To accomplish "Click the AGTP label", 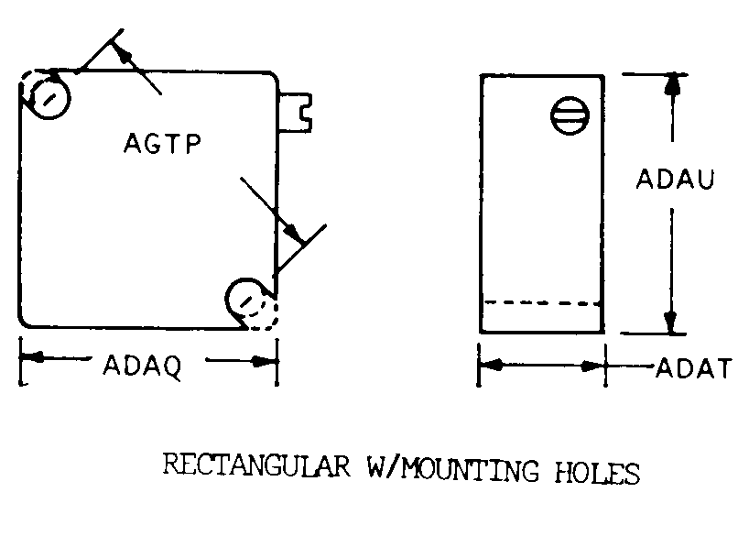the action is (x=162, y=143).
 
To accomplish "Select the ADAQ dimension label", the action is (x=143, y=366).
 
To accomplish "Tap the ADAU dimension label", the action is (x=675, y=179).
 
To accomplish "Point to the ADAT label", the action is (x=694, y=367).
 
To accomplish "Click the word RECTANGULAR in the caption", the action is (x=256, y=465).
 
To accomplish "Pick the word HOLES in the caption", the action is (x=597, y=472).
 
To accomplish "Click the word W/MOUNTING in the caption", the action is (x=452, y=468).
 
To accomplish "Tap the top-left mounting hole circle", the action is (x=49, y=98).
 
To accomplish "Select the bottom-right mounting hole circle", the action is (x=245, y=300).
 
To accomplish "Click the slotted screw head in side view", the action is (x=570, y=115).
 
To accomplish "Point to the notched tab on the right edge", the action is (x=295, y=112).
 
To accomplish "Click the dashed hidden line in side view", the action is (x=542, y=303).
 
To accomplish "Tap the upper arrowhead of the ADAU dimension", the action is (x=674, y=86).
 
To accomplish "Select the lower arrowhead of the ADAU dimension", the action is (x=670, y=323).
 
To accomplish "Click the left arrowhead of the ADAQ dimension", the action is (x=32, y=357).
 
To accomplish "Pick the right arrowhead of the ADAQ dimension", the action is (x=264, y=361).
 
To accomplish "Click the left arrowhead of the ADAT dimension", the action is (x=491, y=365).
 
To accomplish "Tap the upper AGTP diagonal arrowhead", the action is (x=121, y=52).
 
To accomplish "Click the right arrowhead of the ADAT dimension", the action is (x=592, y=366).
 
